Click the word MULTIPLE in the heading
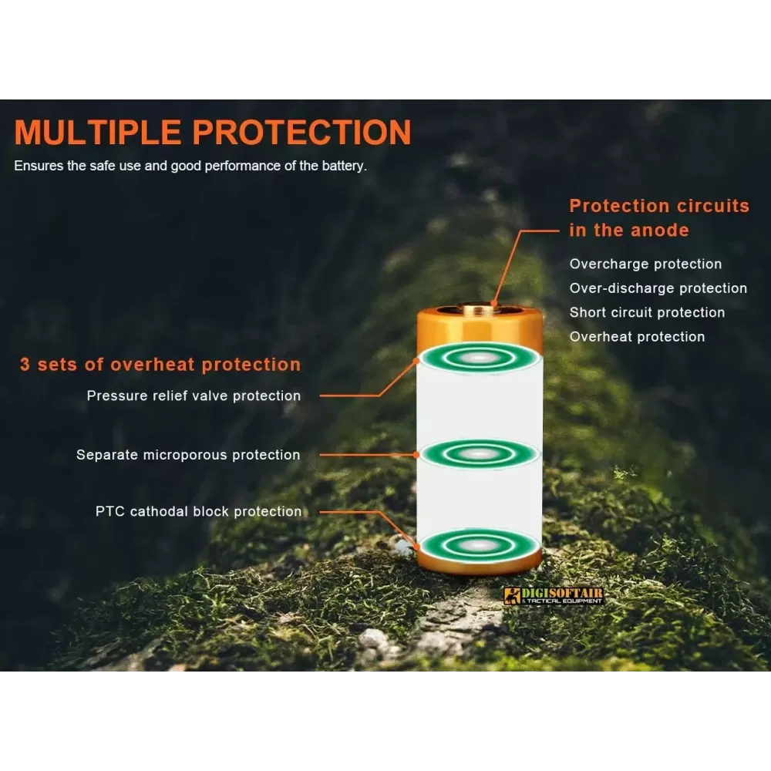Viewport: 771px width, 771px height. (x=97, y=133)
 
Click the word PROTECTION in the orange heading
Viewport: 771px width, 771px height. (x=301, y=133)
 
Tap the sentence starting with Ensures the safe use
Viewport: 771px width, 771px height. (x=190, y=167)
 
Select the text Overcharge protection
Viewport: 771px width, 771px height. (x=645, y=264)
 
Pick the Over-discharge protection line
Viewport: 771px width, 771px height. (x=658, y=288)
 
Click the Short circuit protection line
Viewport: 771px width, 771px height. (x=647, y=312)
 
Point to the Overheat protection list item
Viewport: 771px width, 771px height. (x=638, y=337)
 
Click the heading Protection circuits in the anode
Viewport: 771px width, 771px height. (x=659, y=218)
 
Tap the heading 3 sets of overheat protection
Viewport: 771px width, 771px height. (x=160, y=365)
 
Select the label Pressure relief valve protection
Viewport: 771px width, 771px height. (x=194, y=396)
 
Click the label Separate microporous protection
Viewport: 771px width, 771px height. (x=188, y=455)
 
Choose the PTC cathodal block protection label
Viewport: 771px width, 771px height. (x=199, y=511)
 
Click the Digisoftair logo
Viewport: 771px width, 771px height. (x=553, y=595)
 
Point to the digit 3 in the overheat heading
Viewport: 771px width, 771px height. (x=25, y=365)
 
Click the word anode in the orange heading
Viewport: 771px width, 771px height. (x=660, y=230)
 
